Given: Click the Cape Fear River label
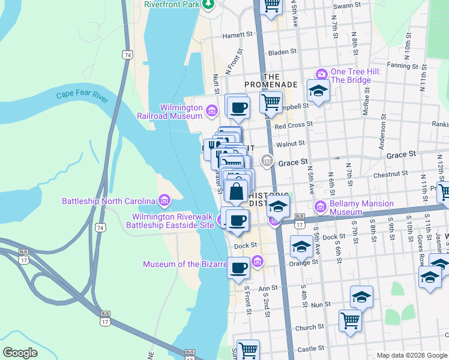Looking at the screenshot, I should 82,96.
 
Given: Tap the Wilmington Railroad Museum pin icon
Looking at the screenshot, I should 211,111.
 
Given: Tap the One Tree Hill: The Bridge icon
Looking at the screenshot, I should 321,74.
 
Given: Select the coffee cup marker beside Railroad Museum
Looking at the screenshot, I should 238,107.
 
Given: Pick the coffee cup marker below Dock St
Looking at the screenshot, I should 238,268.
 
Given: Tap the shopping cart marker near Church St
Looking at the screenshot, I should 350,320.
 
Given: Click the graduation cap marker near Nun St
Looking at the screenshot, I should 361,297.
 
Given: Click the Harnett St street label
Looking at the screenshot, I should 237,35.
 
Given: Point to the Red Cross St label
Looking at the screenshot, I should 294,125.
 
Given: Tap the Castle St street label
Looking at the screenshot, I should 310,348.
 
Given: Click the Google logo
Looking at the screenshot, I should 20,353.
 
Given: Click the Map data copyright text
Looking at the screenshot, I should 411,355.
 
